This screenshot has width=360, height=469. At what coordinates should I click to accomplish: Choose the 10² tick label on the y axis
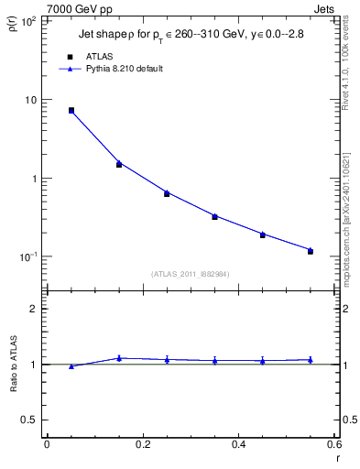click(x=27, y=21)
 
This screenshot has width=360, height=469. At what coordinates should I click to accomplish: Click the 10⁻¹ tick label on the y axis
click(x=27, y=256)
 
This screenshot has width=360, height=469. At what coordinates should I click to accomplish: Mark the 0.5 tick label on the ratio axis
click(x=30, y=420)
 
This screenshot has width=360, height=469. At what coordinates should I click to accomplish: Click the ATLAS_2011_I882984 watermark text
click(x=191, y=273)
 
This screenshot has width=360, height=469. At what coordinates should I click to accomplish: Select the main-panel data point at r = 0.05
click(x=71, y=110)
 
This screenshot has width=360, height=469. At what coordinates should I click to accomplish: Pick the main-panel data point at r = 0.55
click(x=311, y=251)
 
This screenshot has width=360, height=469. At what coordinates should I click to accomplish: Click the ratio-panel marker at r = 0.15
click(x=119, y=358)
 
